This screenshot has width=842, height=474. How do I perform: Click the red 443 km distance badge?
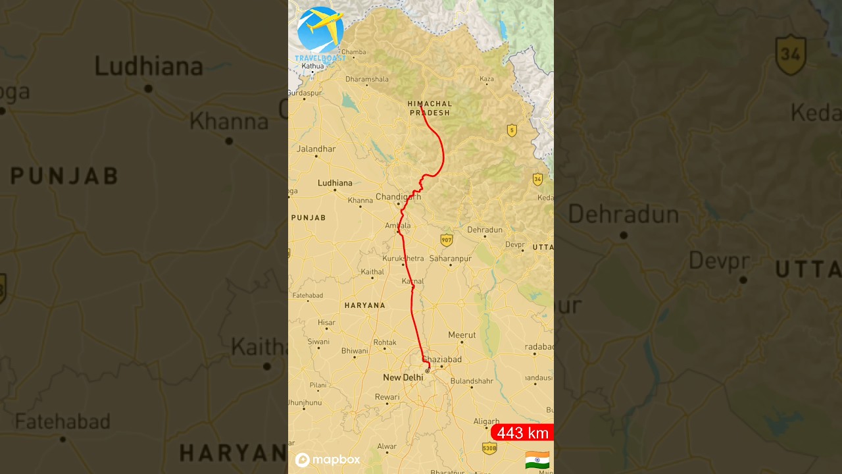click(x=522, y=433)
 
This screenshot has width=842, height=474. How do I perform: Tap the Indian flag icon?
click(x=537, y=460)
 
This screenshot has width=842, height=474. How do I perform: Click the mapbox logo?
click(x=328, y=460)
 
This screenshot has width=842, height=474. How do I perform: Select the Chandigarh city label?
click(x=398, y=196)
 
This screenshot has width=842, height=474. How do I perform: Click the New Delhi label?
click(x=403, y=377)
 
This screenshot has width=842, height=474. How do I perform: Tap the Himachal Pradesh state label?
click(x=430, y=109)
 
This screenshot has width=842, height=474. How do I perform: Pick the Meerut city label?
click(x=462, y=335)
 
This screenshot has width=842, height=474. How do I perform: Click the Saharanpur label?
click(x=451, y=259)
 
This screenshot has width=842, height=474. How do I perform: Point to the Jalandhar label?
click(x=316, y=149)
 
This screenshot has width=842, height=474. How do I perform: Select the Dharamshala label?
click(x=367, y=79)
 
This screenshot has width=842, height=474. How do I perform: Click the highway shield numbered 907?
click(x=447, y=240)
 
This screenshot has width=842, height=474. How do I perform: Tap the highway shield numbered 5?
click(x=512, y=130)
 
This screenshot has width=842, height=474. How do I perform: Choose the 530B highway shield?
click(x=489, y=448)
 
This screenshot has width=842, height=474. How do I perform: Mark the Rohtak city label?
click(x=385, y=342)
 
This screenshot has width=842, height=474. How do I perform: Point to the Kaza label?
click(x=487, y=79)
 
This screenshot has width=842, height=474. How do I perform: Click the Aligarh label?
click(x=486, y=421)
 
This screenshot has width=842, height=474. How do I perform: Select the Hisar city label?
click(x=326, y=323)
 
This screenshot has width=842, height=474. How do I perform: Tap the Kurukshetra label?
click(x=403, y=259)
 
